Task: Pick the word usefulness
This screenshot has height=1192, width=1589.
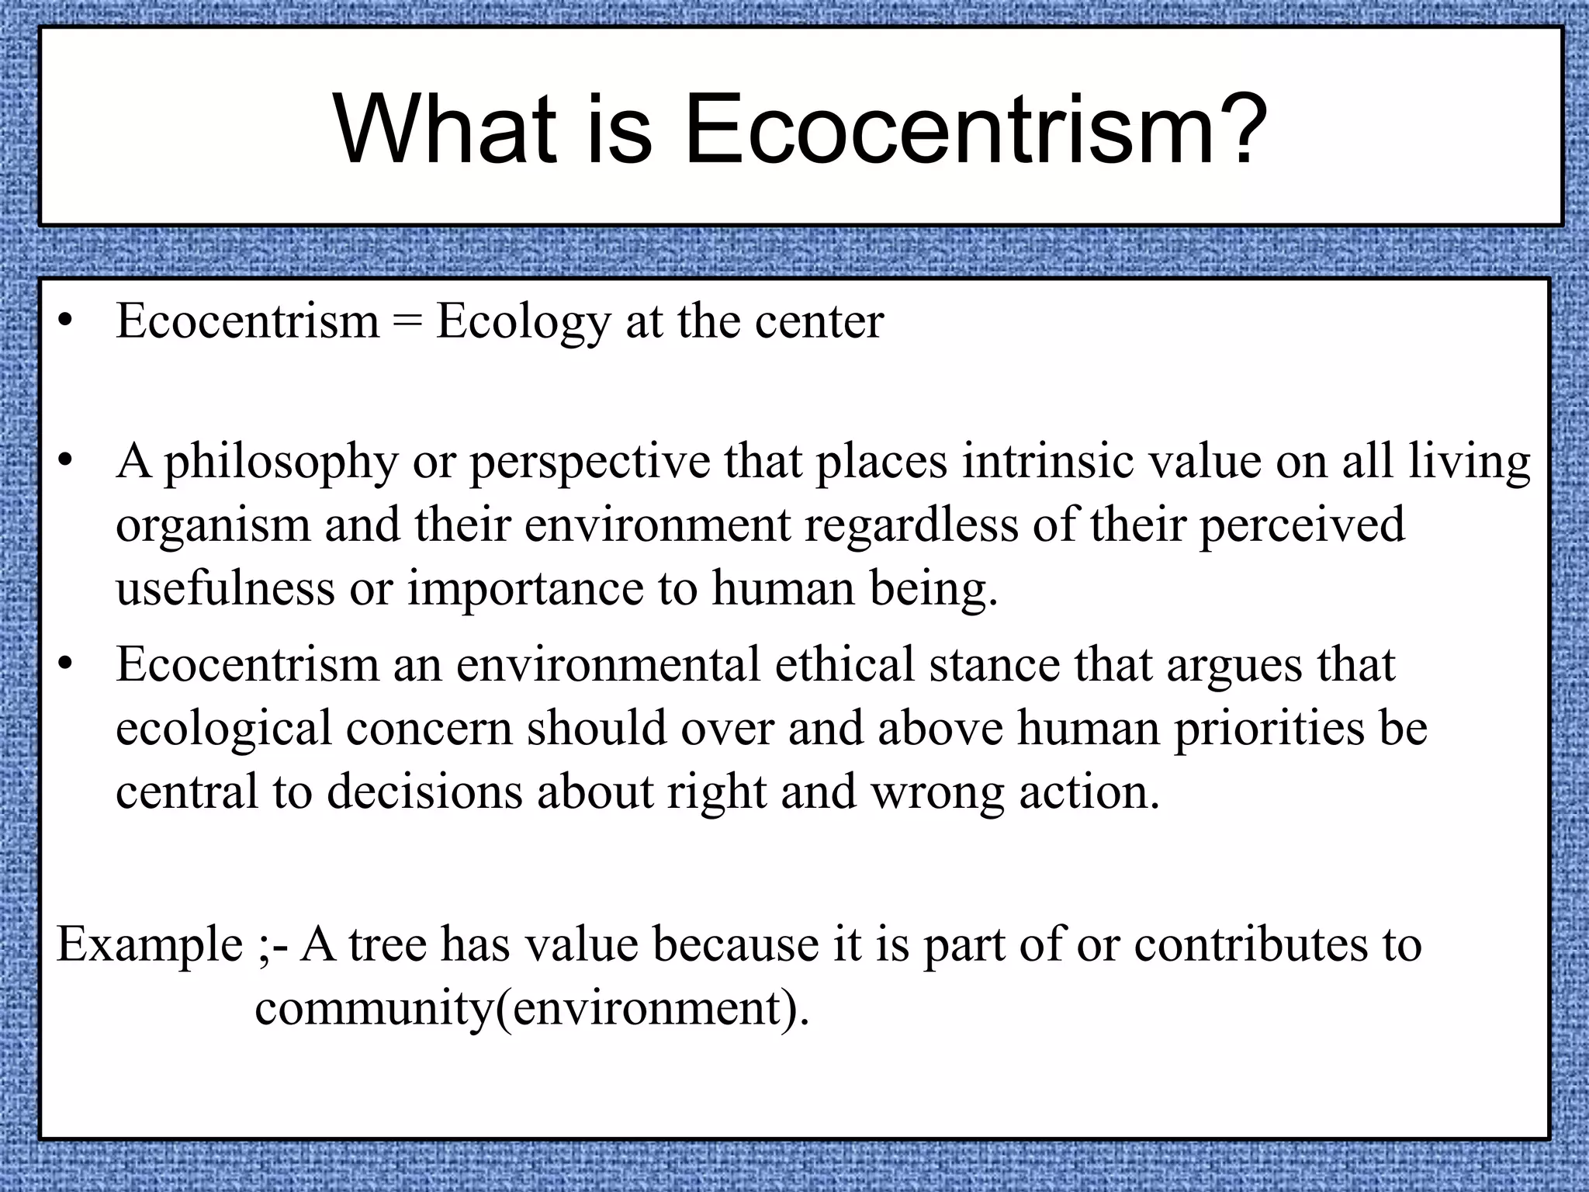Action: [x=225, y=587]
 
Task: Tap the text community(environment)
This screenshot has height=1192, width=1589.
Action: [x=531, y=1008]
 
